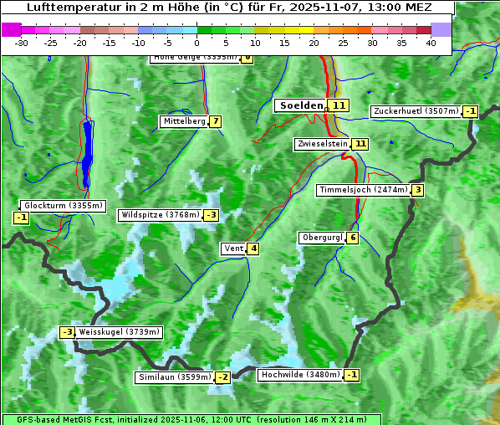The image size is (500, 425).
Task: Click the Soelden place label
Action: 300,105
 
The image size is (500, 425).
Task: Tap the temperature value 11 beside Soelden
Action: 338,105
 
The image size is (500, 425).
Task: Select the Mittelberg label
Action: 184,121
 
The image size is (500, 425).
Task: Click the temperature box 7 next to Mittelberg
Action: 216,121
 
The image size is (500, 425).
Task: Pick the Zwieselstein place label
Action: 322,144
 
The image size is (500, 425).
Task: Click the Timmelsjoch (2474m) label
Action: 364,190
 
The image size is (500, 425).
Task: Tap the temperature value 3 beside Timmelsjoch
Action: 417,190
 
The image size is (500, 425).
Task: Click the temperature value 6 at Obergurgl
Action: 353,238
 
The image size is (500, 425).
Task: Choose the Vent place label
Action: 233,248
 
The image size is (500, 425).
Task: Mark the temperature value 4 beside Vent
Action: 253,248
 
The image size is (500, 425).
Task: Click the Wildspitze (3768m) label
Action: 161,215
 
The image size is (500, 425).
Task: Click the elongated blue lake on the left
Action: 87,154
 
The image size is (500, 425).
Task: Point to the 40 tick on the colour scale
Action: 431,43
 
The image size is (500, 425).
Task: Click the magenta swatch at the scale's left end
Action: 12,29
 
